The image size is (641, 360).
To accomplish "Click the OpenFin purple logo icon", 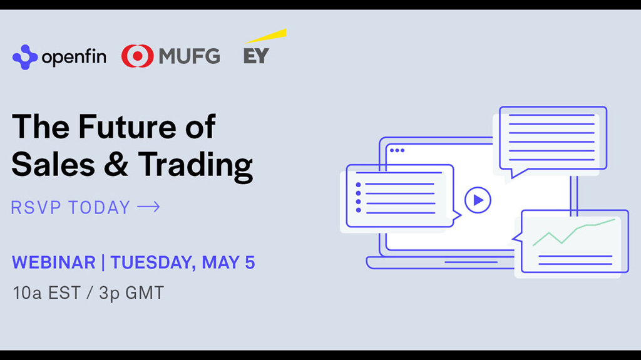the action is click(25, 57).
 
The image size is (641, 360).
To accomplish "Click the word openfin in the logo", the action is click(74, 57).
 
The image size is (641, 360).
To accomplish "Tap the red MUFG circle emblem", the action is click(137, 56).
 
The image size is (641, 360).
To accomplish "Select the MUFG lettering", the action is click(189, 56).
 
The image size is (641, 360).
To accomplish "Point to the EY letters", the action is click(256, 56).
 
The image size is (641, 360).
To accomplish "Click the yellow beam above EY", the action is click(265, 36).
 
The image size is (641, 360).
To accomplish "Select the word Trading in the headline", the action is click(195, 166).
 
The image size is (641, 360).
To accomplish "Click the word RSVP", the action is click(36, 208).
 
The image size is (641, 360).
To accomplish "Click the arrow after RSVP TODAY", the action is click(148, 207).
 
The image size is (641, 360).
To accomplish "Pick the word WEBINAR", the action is click(54, 262).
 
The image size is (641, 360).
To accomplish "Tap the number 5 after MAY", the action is click(250, 262).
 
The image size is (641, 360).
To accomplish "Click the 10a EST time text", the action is click(46, 293).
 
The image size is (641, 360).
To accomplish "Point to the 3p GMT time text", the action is click(131, 293).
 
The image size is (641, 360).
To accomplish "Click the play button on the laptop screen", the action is click(478, 200).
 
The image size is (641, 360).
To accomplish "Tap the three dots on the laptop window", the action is click(397, 150).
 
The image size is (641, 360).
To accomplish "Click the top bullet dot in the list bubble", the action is click(358, 185).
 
